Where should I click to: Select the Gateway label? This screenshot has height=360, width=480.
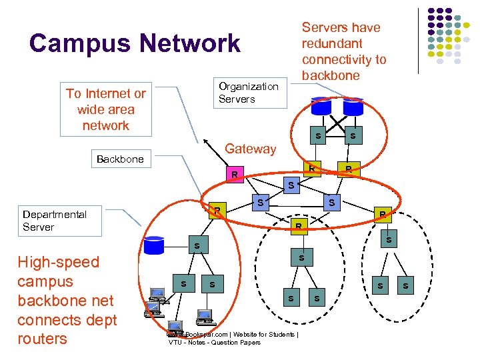(250, 149)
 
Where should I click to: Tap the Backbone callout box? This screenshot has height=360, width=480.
(120, 159)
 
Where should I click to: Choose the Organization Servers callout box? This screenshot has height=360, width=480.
(249, 93)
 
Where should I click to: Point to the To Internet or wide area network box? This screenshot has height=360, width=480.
(105, 109)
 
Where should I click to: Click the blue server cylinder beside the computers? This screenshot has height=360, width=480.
(154, 245)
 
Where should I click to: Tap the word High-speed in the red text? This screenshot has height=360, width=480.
(58, 262)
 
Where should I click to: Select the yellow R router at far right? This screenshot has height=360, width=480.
(382, 214)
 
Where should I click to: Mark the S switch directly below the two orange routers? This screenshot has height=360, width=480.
(289, 183)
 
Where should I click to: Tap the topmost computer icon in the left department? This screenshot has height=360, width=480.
(157, 293)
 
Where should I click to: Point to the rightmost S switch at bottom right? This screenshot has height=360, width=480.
(405, 285)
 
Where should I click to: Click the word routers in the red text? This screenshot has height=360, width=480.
(42, 339)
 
